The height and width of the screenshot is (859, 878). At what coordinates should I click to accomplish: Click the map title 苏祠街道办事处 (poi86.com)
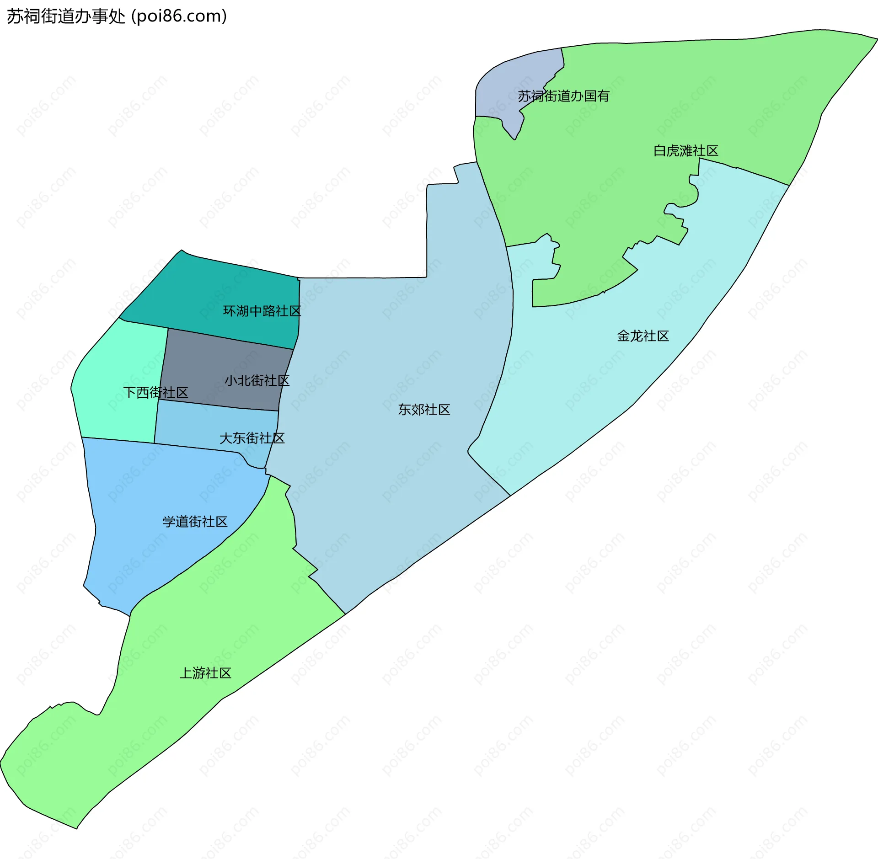[x=117, y=16]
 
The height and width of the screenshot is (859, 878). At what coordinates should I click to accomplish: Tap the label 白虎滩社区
[x=685, y=151]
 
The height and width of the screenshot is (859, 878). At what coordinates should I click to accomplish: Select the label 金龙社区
[x=642, y=336]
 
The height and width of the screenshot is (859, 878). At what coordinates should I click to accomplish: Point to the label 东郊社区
[x=424, y=410]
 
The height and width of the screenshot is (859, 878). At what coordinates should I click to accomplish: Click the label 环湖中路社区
[x=262, y=311]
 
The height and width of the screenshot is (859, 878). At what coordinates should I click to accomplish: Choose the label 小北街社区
[x=257, y=381]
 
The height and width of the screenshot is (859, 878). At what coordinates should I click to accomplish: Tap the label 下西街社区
[x=155, y=393]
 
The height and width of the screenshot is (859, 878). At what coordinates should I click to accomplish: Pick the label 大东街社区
[x=252, y=438]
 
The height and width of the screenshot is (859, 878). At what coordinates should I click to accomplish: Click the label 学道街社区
[x=195, y=522]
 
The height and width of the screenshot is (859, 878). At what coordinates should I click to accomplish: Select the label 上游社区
[x=205, y=673]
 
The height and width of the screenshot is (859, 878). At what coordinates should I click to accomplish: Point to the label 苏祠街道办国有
[x=563, y=96]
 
